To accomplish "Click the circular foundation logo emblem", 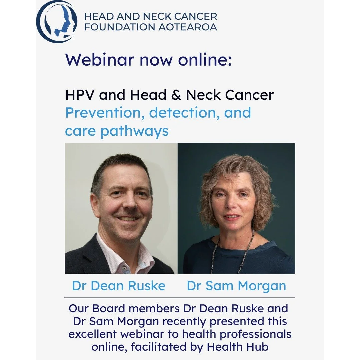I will tap(56, 21).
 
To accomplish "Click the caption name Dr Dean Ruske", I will tap(119, 286).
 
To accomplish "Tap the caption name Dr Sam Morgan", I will tap(236, 286).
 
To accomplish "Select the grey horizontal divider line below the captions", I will tap(180, 297).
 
